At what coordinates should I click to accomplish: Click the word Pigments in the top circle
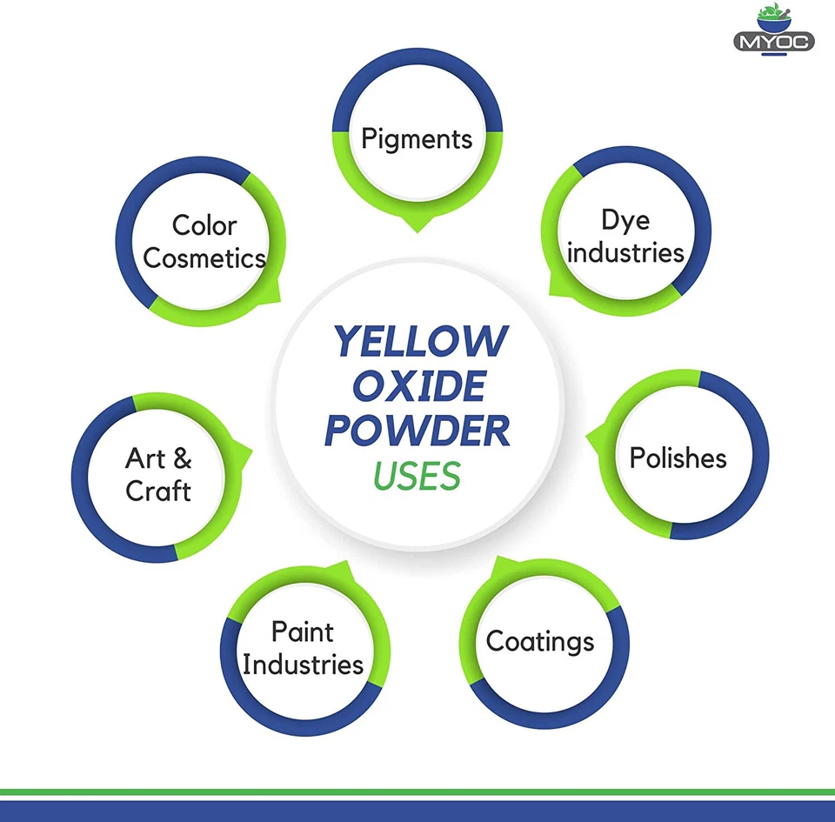[x=417, y=139]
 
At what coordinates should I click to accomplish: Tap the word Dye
[x=625, y=220]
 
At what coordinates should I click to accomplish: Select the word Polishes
[x=678, y=458]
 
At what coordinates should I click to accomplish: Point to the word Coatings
[x=540, y=642]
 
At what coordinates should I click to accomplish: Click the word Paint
[x=302, y=632]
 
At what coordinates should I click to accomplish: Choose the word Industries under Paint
[x=303, y=665]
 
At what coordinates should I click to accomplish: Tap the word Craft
[x=158, y=491]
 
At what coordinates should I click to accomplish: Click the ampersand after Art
[x=182, y=458]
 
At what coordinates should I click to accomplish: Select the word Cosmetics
[x=204, y=258]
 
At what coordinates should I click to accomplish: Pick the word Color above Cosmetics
[x=204, y=225]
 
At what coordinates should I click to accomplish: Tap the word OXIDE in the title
[x=418, y=386]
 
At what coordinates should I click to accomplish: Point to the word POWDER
[x=417, y=431]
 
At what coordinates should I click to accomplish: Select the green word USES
[x=417, y=476]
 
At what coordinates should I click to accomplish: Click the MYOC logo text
[x=773, y=42]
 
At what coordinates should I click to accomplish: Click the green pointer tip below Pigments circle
[x=417, y=229]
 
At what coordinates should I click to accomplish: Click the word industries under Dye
[x=625, y=253]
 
